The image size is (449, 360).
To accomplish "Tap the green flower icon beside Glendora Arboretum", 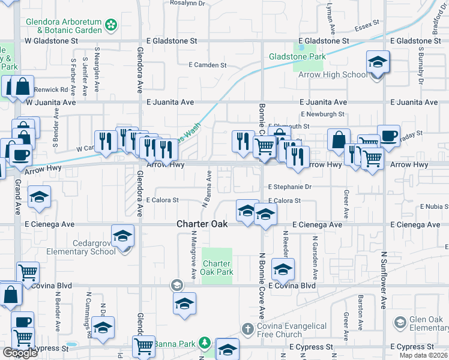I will point(110,25).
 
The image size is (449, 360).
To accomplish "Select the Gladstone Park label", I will point(297,56).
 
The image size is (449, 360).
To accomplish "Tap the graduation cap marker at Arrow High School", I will point(378,62).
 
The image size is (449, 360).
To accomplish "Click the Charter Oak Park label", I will point(216,268).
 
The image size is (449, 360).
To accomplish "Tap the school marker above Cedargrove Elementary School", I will point(122,236).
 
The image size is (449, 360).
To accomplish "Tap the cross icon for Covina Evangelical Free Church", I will point(247,328).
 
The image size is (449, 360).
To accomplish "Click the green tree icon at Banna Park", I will point(205,343).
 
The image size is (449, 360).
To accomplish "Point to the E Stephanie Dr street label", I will point(291,187).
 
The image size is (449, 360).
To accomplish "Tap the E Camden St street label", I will point(207,65).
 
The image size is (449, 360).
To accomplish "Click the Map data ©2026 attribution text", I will point(423,355).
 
